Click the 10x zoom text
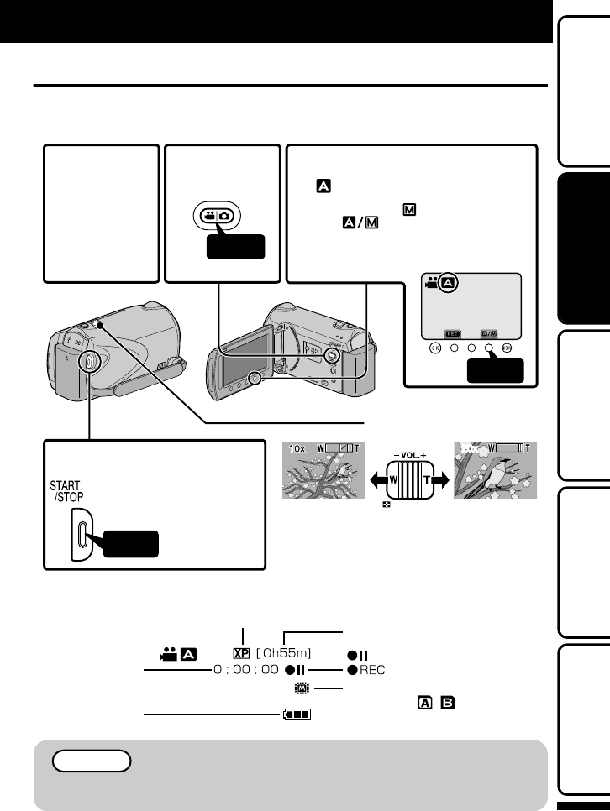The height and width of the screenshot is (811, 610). click(x=295, y=449)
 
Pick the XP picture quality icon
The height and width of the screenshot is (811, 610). click(x=244, y=652)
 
